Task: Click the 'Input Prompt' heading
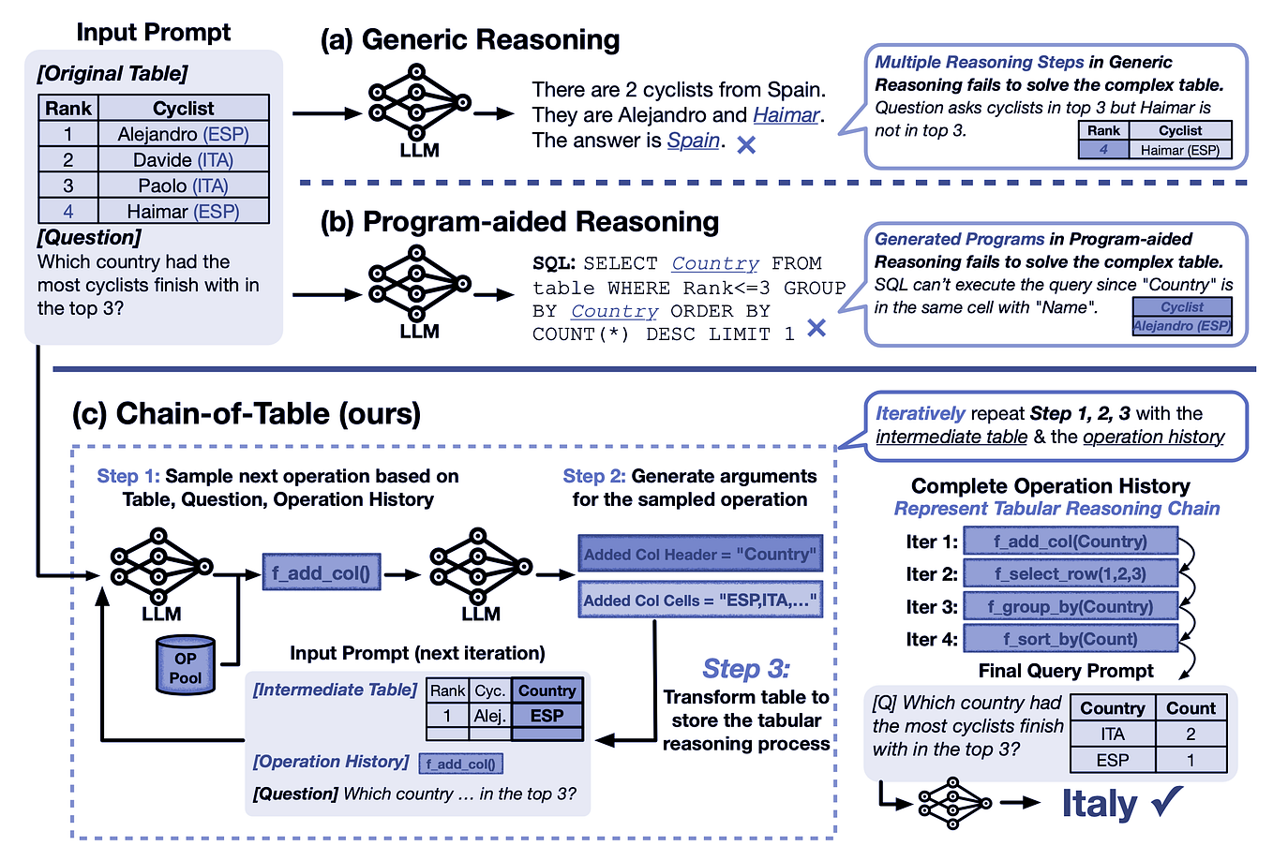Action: [153, 32]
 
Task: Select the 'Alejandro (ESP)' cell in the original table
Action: [183, 134]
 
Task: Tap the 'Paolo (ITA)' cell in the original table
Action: [183, 186]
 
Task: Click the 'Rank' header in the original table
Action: [68, 108]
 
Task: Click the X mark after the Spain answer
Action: [746, 145]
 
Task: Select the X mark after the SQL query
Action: [816, 328]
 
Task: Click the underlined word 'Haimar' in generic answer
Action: [786, 114]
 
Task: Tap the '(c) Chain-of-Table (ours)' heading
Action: [246, 413]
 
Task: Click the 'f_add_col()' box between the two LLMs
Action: [322, 572]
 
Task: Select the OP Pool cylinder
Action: [186, 665]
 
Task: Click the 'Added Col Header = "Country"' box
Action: [699, 554]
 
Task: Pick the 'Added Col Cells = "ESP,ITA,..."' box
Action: [699, 601]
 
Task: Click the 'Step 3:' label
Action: [745, 668]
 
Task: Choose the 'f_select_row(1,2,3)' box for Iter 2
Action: [1070, 573]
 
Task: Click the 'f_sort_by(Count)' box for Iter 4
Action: [1070, 639]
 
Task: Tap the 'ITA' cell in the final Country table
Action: [1112, 735]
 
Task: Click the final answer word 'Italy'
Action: [1099, 804]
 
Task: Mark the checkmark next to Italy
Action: [1167, 802]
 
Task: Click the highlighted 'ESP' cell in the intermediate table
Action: [547, 715]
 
